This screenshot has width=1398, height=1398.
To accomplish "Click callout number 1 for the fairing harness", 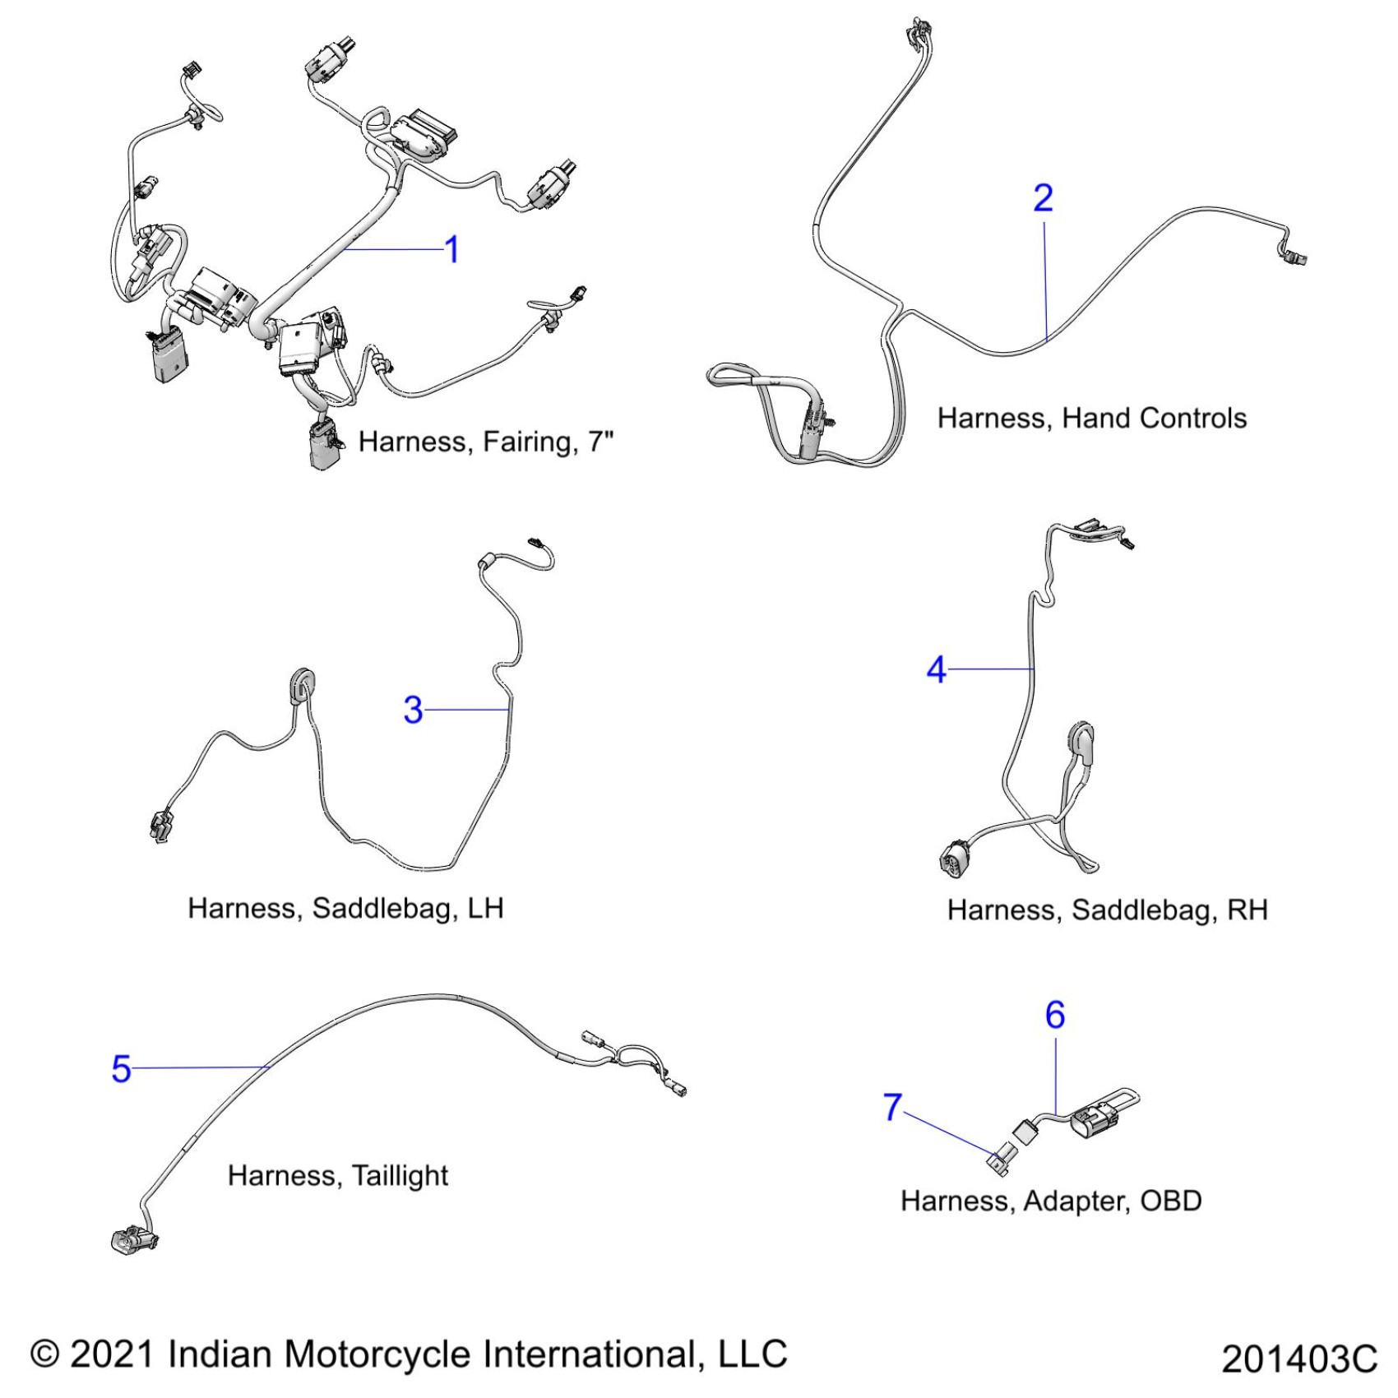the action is (451, 250).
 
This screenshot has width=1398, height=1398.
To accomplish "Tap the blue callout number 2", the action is (1043, 199).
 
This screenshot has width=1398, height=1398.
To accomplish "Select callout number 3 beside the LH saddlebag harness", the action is (413, 710).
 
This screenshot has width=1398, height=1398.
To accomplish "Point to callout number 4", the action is (936, 670).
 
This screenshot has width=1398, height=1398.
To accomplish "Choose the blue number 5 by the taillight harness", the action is (121, 1069).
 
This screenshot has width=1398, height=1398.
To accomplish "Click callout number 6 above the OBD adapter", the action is (1055, 1016).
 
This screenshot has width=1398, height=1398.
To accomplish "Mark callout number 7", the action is (892, 1107).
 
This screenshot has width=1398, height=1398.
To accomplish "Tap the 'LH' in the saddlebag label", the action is (485, 909).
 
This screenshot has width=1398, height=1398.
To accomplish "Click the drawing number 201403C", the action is (1298, 1359).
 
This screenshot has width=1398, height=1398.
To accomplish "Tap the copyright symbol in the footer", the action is (45, 1354).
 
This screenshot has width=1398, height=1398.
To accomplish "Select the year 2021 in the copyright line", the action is (112, 1354).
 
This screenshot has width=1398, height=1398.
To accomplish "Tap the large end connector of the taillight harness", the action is (131, 1239).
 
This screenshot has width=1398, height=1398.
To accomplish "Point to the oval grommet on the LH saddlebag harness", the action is (301, 685).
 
